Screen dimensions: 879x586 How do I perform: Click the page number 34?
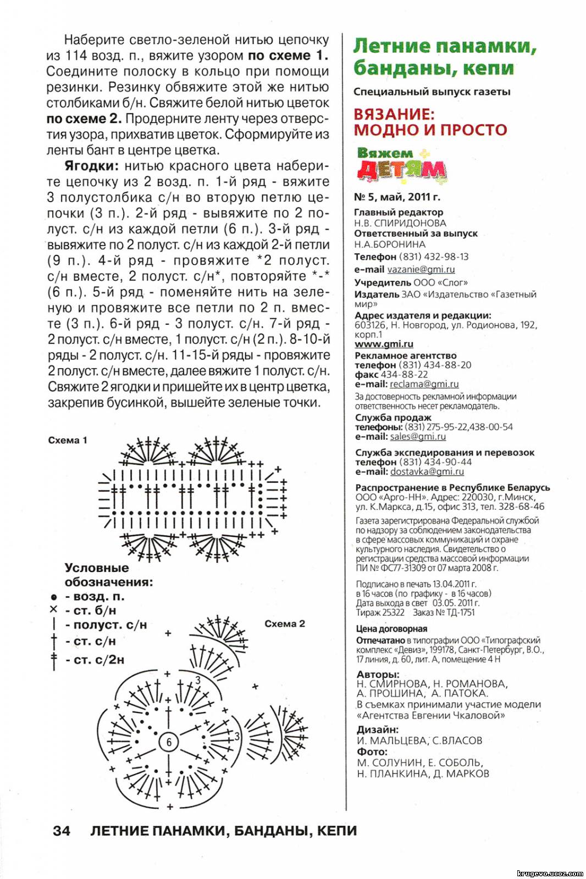point(62,830)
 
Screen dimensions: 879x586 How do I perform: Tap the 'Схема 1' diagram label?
point(68,440)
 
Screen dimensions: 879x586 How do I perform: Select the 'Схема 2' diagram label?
point(284,624)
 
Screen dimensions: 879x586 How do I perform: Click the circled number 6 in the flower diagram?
point(169,742)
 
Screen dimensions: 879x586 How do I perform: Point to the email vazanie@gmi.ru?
point(421,269)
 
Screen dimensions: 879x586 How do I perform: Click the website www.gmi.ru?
point(384,344)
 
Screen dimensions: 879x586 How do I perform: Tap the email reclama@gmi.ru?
point(424,384)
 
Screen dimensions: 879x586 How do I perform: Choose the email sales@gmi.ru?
point(418,436)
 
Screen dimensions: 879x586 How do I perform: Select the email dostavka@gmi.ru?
point(427,471)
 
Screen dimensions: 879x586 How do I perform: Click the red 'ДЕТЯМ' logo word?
point(401,171)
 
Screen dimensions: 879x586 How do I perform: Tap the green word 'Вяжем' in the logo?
point(385,153)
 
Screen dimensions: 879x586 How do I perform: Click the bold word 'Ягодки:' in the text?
point(91,166)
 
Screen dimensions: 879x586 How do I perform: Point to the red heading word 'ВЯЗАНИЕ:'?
point(394,114)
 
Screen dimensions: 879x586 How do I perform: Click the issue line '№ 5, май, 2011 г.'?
point(397,197)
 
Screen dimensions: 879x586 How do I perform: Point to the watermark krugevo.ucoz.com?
point(550,873)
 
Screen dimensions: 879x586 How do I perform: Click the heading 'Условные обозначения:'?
point(109,575)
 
